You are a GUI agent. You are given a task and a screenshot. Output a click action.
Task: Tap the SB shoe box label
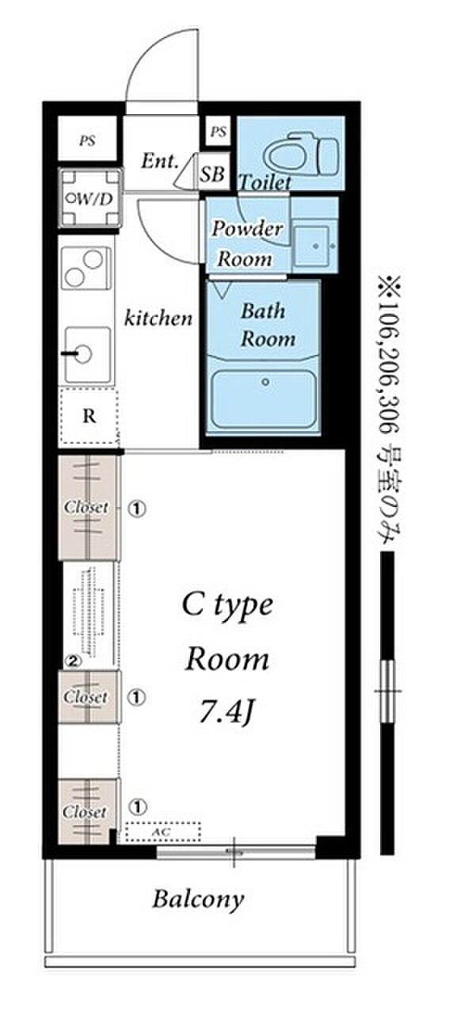212,173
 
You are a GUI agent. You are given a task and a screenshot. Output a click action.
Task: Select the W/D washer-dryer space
90,198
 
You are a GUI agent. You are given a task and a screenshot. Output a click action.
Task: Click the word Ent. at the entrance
159,161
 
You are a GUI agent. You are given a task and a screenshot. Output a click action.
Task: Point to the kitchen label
158,318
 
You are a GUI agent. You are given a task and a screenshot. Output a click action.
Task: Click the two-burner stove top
86,268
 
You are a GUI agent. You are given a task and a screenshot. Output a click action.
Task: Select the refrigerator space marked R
89,416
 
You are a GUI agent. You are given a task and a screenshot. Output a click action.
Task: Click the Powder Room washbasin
314,246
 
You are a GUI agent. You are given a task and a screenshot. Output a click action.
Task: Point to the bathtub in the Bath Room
265,399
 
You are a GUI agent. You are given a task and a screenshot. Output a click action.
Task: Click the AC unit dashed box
163,832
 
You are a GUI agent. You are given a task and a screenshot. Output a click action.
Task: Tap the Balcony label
198,899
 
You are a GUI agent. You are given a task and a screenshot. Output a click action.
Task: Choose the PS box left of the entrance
87,139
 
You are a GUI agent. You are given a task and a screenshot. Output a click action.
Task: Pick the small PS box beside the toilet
218,132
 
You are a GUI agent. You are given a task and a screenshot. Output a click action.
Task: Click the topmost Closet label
86,507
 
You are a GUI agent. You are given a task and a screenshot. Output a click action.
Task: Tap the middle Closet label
86,696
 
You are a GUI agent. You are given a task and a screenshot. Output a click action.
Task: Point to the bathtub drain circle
265,383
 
